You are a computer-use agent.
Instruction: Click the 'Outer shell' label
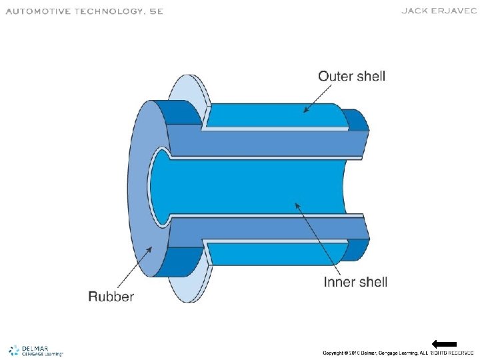click(x=351, y=76)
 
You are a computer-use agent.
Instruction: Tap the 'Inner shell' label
click(x=355, y=282)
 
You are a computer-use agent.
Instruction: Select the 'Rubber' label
click(x=111, y=296)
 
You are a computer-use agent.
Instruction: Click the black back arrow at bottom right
click(x=444, y=344)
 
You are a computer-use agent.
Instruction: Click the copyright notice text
click(x=398, y=352)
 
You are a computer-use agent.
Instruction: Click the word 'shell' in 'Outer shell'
click(x=371, y=76)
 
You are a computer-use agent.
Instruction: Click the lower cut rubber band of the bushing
click(x=267, y=228)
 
